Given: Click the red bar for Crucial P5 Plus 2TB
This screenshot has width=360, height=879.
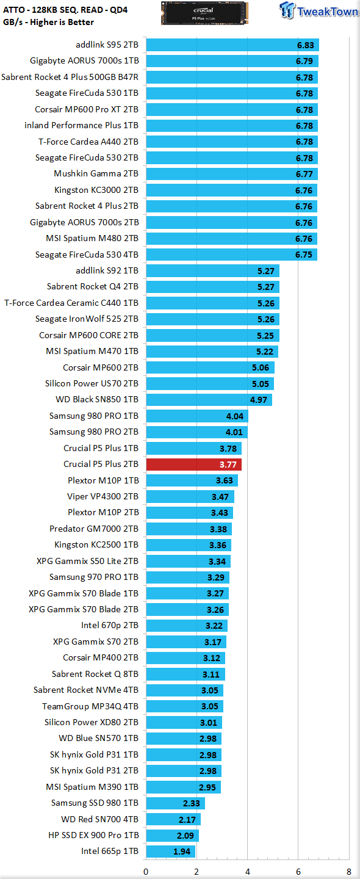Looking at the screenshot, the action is (x=193, y=464).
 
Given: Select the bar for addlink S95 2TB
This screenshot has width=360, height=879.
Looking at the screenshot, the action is (x=232, y=45).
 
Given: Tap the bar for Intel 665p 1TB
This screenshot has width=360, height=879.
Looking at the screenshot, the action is (x=171, y=851).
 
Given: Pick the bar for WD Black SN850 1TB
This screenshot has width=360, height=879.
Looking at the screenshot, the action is (x=209, y=399).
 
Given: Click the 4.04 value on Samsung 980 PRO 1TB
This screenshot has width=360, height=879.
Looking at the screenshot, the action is (x=235, y=416).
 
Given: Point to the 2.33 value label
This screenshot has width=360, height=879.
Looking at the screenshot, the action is (x=192, y=803).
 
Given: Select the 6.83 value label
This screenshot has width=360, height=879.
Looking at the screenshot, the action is (x=306, y=45).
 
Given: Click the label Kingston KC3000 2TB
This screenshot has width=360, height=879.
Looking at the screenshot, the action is (x=96, y=190).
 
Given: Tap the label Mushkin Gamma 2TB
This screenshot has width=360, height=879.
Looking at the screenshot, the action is (x=96, y=173).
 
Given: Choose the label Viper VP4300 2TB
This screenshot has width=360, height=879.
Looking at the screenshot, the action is (x=103, y=496).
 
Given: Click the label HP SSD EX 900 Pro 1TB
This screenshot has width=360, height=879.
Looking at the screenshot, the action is (x=94, y=835).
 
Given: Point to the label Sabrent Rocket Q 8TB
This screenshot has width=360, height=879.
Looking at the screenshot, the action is (x=95, y=674).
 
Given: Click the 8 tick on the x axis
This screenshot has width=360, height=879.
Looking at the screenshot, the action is (x=348, y=872).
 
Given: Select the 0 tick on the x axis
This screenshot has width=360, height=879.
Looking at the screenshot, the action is (x=146, y=872).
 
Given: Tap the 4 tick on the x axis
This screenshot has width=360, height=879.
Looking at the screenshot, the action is (x=248, y=872).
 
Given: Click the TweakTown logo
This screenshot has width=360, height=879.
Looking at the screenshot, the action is (x=319, y=10).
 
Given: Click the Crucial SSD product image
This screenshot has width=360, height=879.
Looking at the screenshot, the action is (x=204, y=13).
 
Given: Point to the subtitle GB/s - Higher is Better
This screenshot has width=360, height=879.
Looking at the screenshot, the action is (x=49, y=23).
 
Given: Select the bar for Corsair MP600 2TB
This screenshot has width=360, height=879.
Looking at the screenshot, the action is (x=210, y=367).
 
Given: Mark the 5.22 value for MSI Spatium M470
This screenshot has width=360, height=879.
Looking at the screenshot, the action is (x=265, y=352).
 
